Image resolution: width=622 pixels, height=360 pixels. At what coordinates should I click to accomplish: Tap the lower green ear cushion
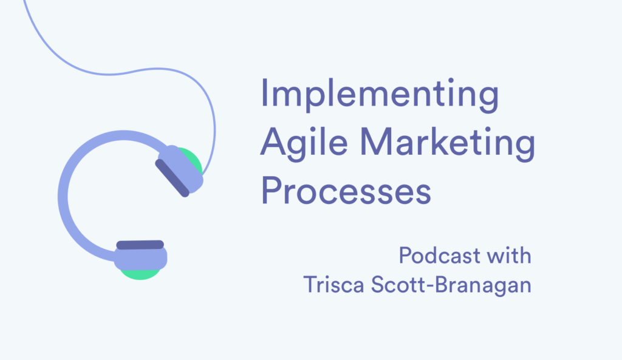pyautogui.click(x=141, y=272)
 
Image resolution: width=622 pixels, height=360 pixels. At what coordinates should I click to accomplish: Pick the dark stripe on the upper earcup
pyautogui.click(x=172, y=178)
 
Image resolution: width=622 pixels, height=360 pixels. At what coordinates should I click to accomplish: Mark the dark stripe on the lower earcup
pyautogui.click(x=140, y=245)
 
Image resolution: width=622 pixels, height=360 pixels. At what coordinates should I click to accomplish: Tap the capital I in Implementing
pyautogui.click(x=265, y=96)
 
